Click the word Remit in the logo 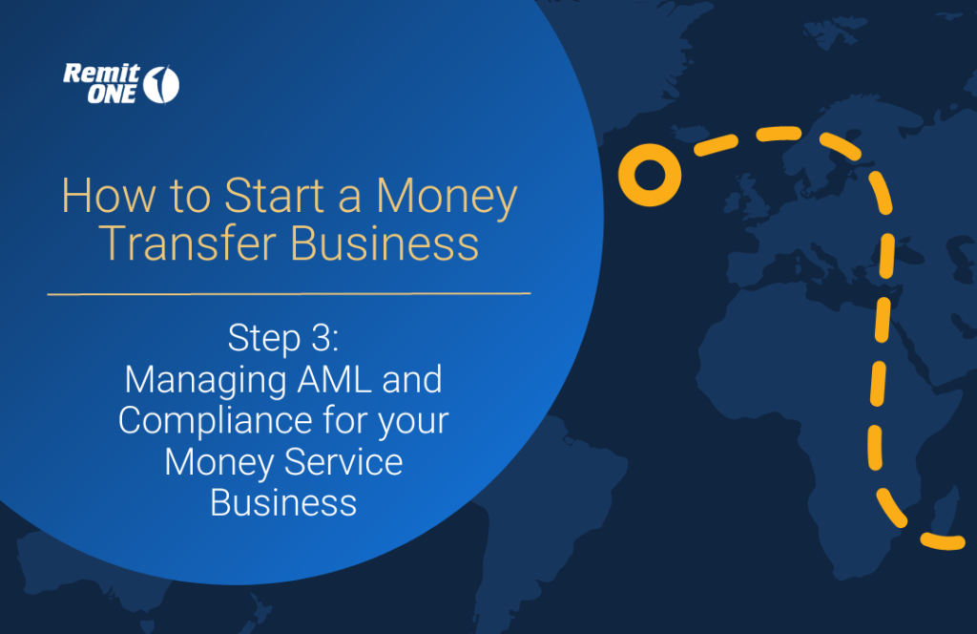tap(101, 74)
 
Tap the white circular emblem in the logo tap(161, 84)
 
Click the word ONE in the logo tap(112, 95)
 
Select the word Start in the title tap(274, 196)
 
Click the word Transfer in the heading tap(188, 243)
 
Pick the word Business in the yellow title tap(385, 243)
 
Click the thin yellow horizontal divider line tap(289, 293)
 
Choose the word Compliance tap(215, 422)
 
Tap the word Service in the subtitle tap(343, 462)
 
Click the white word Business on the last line tap(283, 503)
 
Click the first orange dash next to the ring tap(716, 144)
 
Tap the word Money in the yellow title tap(447, 197)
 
